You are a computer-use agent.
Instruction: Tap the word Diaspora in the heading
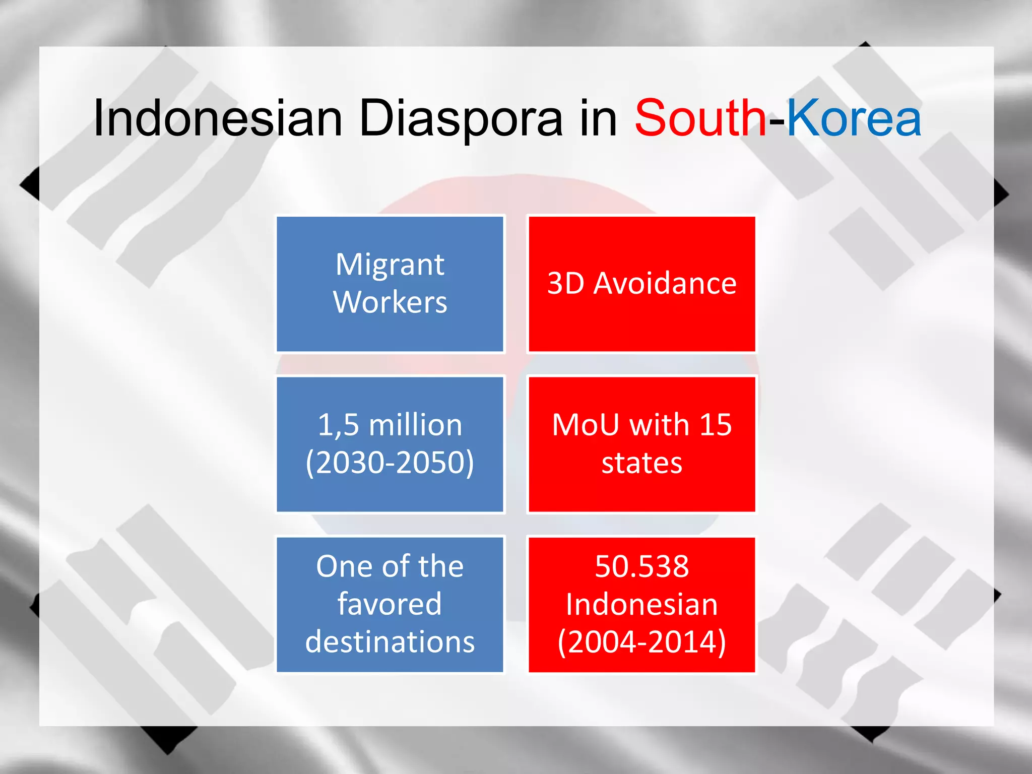click(461, 119)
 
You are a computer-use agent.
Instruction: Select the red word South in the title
click(700, 119)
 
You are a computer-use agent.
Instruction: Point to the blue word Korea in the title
click(854, 119)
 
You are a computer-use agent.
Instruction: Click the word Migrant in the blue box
click(390, 265)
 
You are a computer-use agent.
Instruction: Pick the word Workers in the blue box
click(390, 302)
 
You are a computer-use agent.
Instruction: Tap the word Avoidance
click(665, 284)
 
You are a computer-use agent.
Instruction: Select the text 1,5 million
click(390, 425)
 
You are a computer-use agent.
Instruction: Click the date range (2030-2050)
click(390, 463)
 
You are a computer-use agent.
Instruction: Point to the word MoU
click(586, 425)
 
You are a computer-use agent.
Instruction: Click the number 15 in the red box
click(715, 425)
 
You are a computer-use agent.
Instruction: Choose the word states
click(641, 463)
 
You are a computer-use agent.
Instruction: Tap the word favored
click(390, 604)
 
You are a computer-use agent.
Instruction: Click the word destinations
click(390, 642)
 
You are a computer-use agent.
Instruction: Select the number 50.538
click(641, 566)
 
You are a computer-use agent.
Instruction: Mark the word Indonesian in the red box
click(641, 604)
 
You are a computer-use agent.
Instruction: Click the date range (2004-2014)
click(641, 642)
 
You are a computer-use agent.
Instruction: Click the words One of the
click(390, 566)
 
